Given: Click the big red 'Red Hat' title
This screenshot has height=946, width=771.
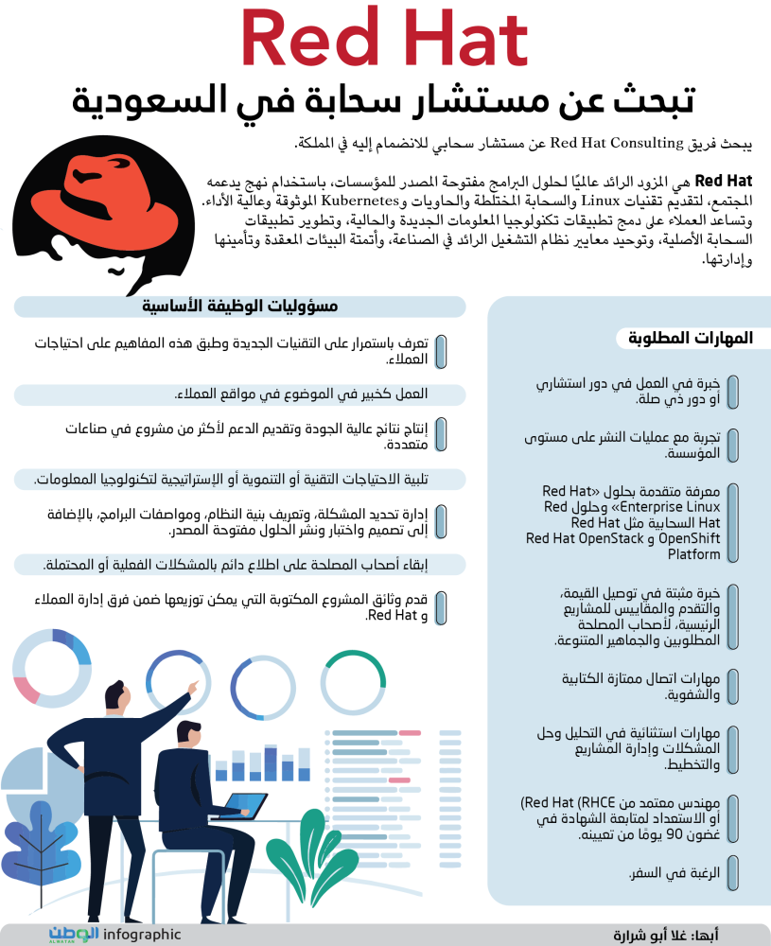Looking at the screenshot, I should [383, 43].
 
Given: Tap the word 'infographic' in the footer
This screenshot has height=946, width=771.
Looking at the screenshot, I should [142, 934].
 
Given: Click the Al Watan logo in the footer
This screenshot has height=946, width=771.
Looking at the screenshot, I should [74, 934].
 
